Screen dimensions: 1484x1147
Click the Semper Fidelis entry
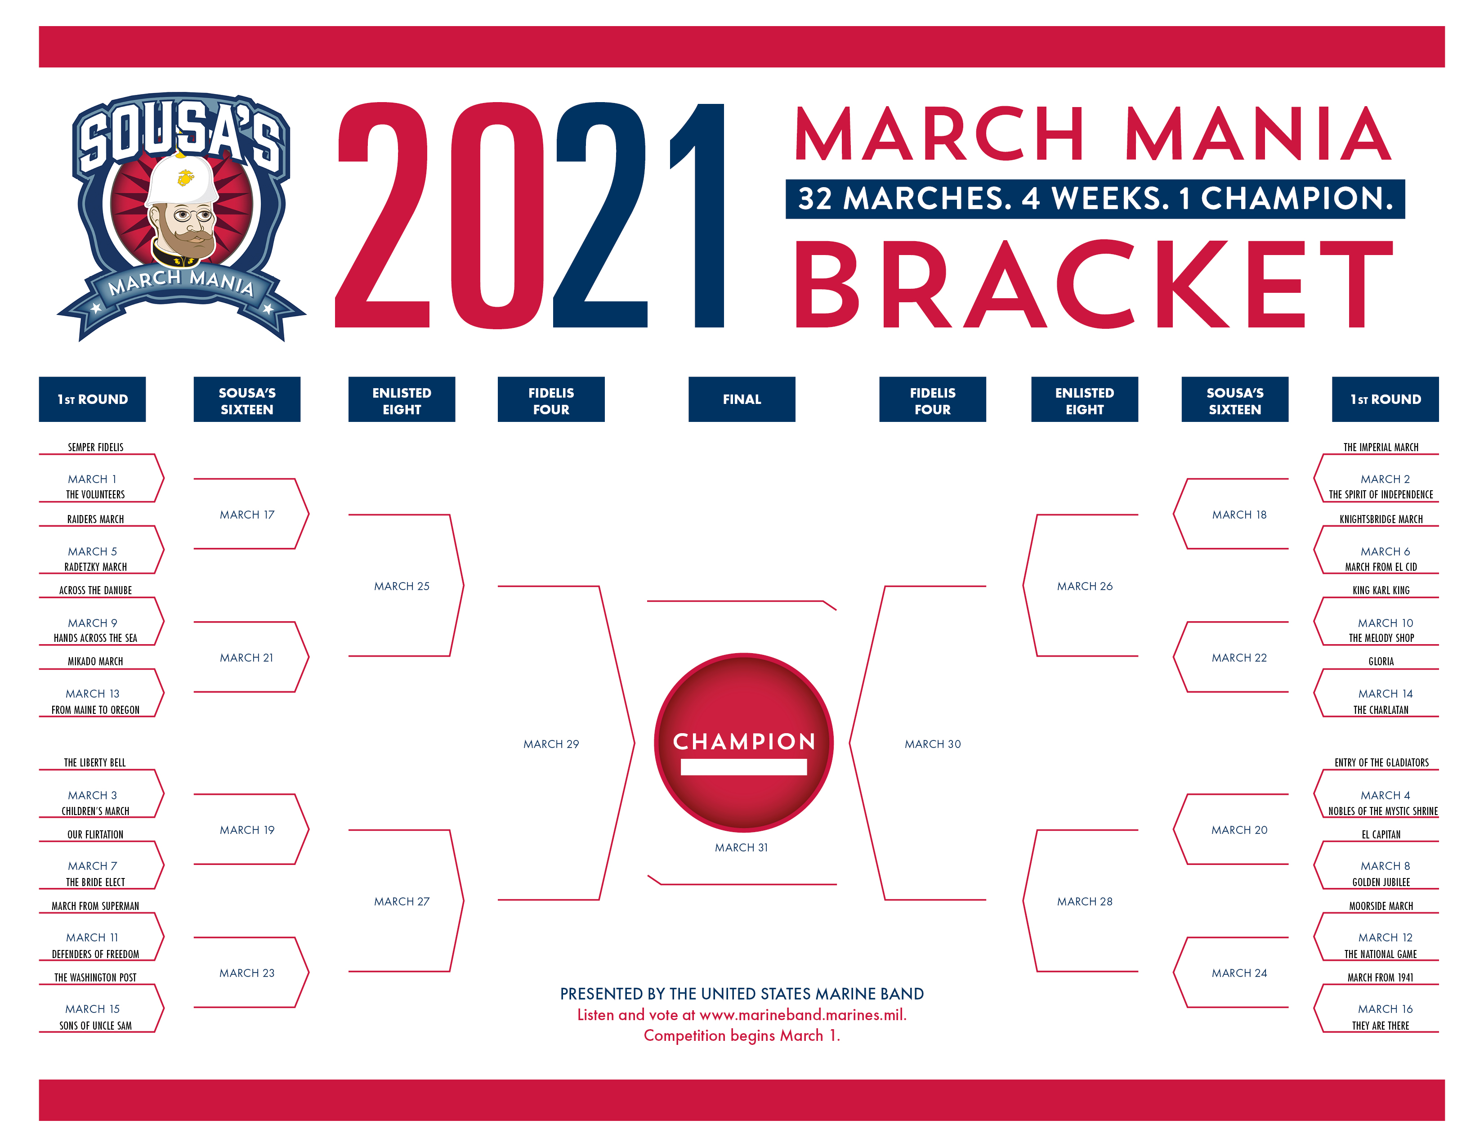(95, 447)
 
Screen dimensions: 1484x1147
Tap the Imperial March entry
(1381, 447)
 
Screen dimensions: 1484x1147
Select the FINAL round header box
(741, 399)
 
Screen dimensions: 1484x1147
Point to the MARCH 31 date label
(741, 847)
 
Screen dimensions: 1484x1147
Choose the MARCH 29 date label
(551, 744)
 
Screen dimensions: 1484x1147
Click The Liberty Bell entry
(95, 762)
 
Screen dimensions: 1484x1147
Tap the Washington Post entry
(95, 977)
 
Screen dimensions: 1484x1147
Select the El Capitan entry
(1381, 834)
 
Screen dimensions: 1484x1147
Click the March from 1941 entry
(1381, 977)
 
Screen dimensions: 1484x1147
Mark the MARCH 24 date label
(1239, 973)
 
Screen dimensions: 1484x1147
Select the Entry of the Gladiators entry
(1381, 762)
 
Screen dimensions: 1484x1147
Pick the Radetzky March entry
(95, 567)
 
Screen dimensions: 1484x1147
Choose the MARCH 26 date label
(1085, 586)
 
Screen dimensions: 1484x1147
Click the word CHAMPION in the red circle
(744, 741)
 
